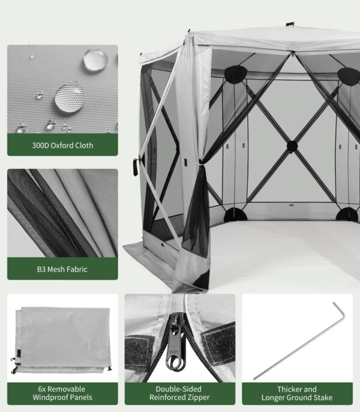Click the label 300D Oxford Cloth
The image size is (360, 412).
[x=62, y=145]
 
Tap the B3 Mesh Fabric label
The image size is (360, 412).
[x=62, y=269]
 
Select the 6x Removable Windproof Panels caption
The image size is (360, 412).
[x=62, y=393]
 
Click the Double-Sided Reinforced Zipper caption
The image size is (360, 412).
[x=180, y=393]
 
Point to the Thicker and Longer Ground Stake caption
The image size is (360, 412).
[x=297, y=393]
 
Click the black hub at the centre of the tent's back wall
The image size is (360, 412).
[x=292, y=145]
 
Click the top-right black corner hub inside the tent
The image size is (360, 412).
[x=347, y=74]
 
